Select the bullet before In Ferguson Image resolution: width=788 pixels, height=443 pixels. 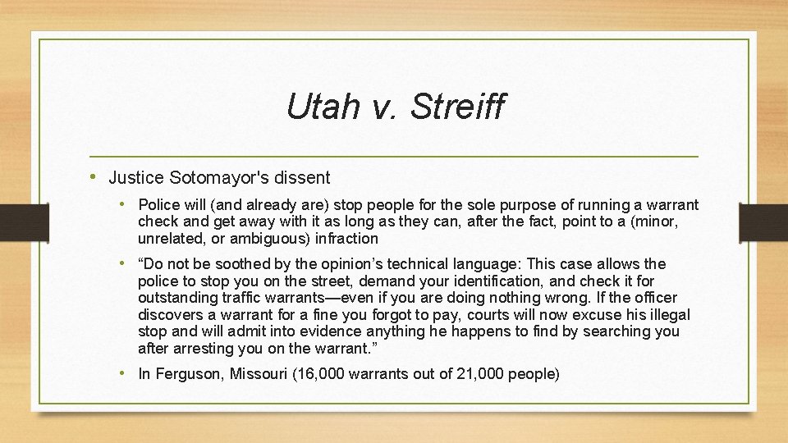click(x=123, y=374)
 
